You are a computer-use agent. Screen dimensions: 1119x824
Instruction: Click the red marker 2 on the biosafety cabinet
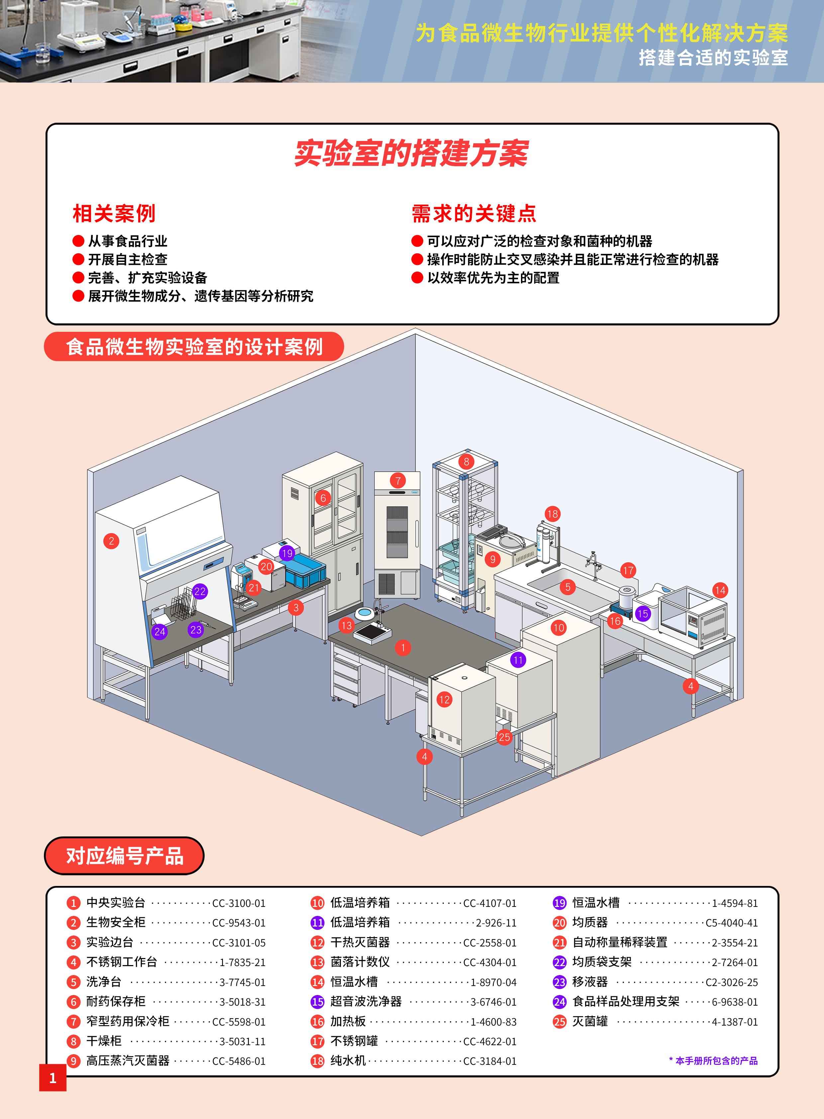click(111, 541)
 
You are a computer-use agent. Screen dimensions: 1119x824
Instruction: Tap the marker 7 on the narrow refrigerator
click(397, 481)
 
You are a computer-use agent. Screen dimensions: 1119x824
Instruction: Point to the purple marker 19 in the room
click(287, 553)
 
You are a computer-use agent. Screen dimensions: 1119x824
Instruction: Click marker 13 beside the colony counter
click(346, 625)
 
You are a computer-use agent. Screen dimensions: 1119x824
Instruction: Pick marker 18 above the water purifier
click(552, 514)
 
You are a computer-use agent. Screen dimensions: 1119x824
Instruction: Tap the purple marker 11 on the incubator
click(518, 660)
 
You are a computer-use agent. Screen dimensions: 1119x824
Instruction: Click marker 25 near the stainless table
click(504, 737)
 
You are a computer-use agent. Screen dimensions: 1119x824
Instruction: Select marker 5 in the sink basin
click(567, 587)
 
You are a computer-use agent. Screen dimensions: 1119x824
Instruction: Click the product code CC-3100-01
click(239, 903)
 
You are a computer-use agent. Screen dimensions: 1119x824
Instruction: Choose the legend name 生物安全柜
click(116, 922)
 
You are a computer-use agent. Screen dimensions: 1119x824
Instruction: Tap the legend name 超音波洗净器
click(365, 1002)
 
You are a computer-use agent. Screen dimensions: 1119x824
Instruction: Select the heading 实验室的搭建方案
click(411, 153)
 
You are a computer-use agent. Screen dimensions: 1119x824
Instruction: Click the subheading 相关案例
click(114, 214)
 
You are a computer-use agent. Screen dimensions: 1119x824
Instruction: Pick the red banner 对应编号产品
click(125, 856)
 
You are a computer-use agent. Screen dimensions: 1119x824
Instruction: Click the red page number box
click(53, 1078)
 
